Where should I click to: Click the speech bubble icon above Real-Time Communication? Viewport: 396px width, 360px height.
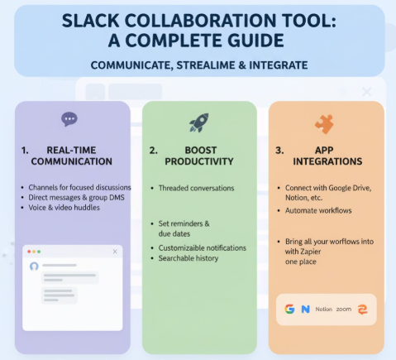pyautogui.click(x=69, y=119)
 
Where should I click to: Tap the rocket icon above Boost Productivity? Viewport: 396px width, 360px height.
pyautogui.click(x=198, y=122)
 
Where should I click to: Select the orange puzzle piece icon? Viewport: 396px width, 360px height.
pyautogui.click(x=323, y=124)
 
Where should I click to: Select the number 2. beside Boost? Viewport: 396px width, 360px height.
pyautogui.click(x=153, y=150)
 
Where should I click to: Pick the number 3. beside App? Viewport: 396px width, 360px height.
pyautogui.click(x=279, y=150)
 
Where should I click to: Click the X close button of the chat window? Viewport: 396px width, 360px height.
pyautogui.click(x=115, y=250)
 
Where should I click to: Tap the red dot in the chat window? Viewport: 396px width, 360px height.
pyautogui.click(x=27, y=250)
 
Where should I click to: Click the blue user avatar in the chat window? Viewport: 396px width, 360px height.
pyautogui.click(x=34, y=266)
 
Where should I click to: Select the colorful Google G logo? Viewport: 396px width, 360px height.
pyautogui.click(x=289, y=309)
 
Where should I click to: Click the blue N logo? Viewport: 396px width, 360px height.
pyautogui.click(x=305, y=309)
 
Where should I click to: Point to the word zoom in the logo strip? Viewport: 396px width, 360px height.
pyautogui.click(x=344, y=309)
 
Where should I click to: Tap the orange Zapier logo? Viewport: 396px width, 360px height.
pyautogui.click(x=362, y=309)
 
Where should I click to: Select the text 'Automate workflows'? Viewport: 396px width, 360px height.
pyautogui.click(x=318, y=212)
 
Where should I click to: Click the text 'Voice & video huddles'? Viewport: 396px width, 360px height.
pyautogui.click(x=64, y=207)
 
